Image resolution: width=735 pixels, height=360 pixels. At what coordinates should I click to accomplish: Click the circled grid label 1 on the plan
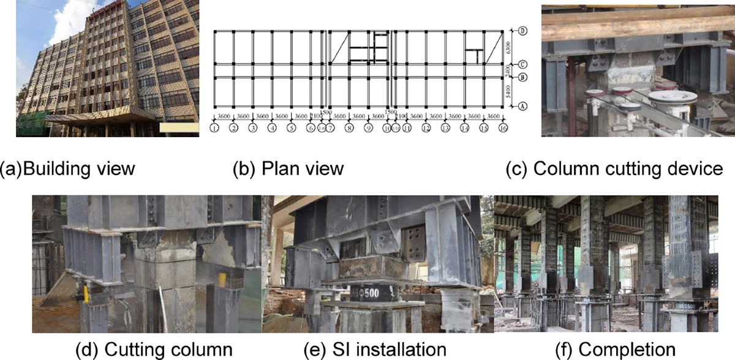(214, 129)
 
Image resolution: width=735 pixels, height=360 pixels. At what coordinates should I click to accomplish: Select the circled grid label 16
(502, 129)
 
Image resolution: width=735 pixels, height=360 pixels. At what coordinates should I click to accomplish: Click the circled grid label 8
(349, 129)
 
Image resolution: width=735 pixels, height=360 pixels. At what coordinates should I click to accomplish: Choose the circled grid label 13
(445, 129)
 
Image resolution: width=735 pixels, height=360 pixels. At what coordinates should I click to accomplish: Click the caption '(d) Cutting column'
(153, 349)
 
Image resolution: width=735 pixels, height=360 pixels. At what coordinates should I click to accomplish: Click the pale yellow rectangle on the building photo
(178, 128)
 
